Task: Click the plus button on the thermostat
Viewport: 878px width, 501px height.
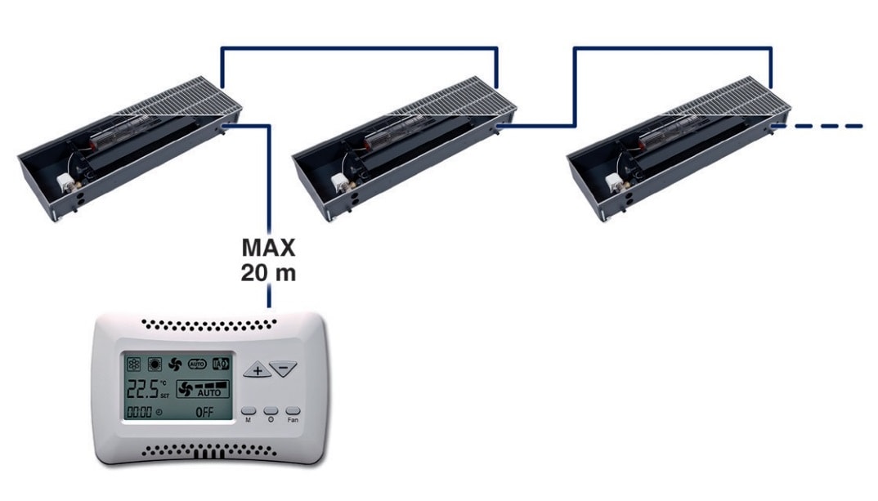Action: [x=258, y=370]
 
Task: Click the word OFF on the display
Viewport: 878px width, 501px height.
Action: [x=204, y=412]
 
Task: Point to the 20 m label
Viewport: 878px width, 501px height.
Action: [x=268, y=272]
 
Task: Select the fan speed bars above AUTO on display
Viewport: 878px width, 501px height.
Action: [x=209, y=383]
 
